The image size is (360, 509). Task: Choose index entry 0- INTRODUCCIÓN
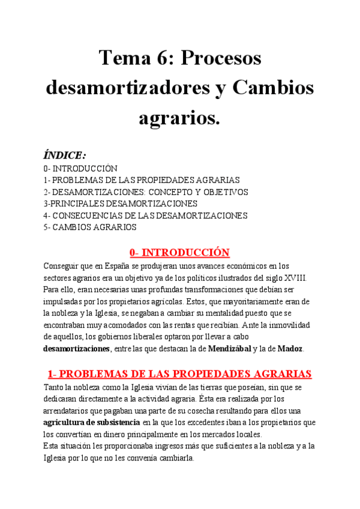click(x=80, y=169)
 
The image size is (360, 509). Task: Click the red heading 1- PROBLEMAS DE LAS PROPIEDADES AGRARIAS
click(x=180, y=374)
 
